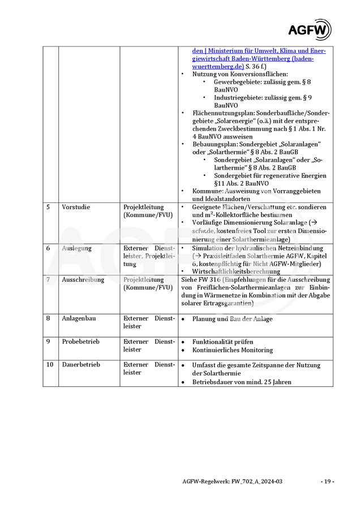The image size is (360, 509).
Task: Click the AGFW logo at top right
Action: tap(309, 29)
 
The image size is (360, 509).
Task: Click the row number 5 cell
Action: tap(48, 207)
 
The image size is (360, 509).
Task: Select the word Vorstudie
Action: tap(76, 207)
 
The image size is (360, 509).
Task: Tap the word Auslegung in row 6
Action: tap(76, 248)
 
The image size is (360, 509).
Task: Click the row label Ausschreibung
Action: tap(83, 279)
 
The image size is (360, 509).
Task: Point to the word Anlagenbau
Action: tap(79, 318)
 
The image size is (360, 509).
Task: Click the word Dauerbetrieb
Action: tap(80, 365)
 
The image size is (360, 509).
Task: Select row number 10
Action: tap(50, 365)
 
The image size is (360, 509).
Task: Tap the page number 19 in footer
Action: tap(327, 481)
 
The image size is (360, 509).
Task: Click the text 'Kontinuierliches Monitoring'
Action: tap(232, 350)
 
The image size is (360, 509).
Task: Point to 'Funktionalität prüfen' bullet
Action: tap(222, 342)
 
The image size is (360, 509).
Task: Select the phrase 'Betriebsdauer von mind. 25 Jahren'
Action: tap(242, 382)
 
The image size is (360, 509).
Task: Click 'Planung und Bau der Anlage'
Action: tap(232, 319)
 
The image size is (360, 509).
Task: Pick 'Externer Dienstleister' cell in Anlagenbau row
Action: tap(149, 322)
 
